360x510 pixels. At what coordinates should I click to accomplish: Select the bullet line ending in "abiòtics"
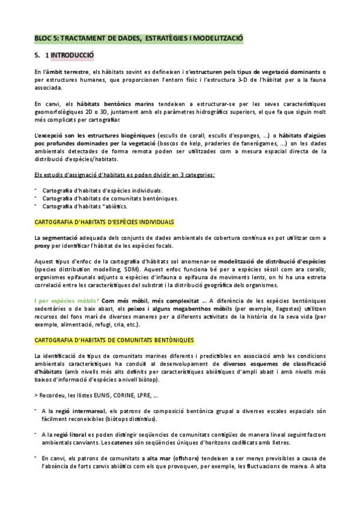coord(81,206)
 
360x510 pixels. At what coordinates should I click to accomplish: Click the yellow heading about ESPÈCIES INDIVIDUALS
coord(105,222)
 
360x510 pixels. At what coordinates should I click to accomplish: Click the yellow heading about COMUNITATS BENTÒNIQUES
coord(110,341)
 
